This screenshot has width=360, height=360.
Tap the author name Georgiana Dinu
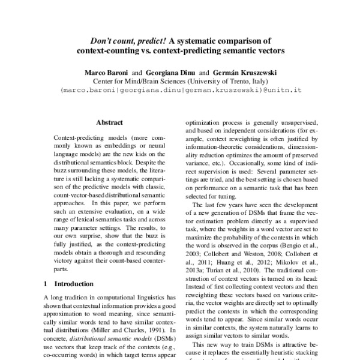[170, 72]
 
